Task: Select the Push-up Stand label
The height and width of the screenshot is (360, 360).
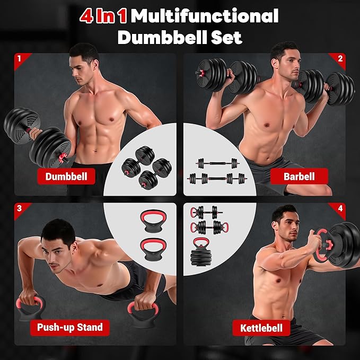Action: point(69,327)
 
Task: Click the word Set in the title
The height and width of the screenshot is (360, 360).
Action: point(225,38)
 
